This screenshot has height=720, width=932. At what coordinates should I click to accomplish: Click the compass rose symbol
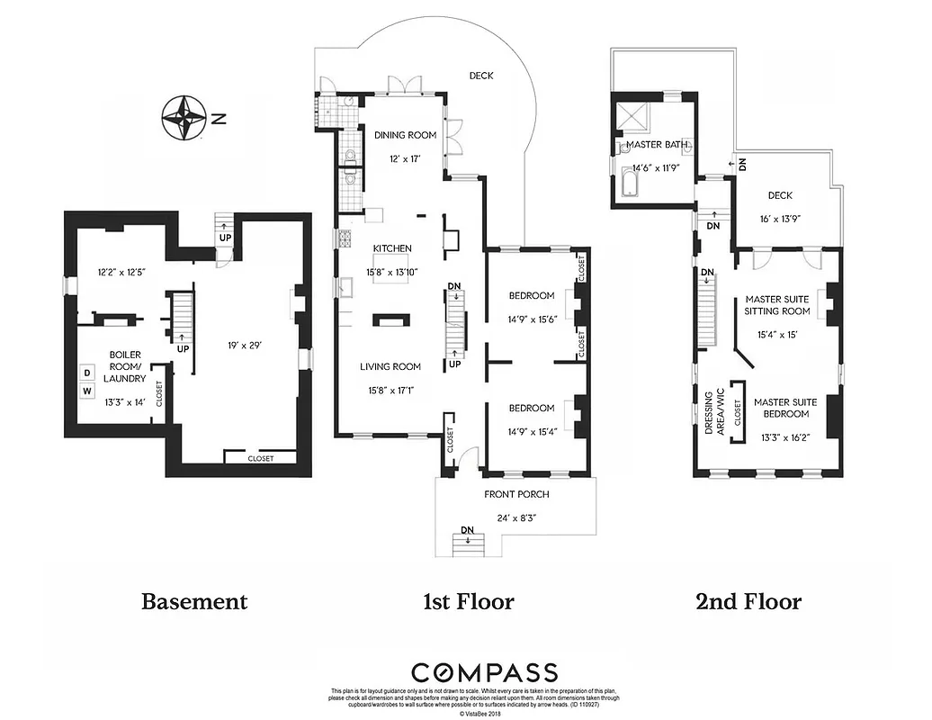coord(184,118)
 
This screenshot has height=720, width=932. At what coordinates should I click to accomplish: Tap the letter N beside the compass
coord(219,118)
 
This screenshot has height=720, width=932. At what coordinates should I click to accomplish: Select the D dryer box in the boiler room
coord(88,373)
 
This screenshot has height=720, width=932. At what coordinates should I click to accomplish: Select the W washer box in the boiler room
coord(88,391)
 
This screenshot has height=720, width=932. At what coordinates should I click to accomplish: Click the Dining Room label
coord(405,135)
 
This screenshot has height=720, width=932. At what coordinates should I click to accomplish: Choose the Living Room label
coord(390,366)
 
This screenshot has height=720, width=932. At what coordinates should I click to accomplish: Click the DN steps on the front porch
coord(468,543)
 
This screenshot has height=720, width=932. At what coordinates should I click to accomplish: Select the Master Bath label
coord(658,145)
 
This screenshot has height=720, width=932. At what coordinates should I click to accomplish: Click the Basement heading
coord(193,601)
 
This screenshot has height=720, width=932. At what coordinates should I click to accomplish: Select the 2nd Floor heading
coord(748,601)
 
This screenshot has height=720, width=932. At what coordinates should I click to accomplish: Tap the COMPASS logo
coord(484,671)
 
